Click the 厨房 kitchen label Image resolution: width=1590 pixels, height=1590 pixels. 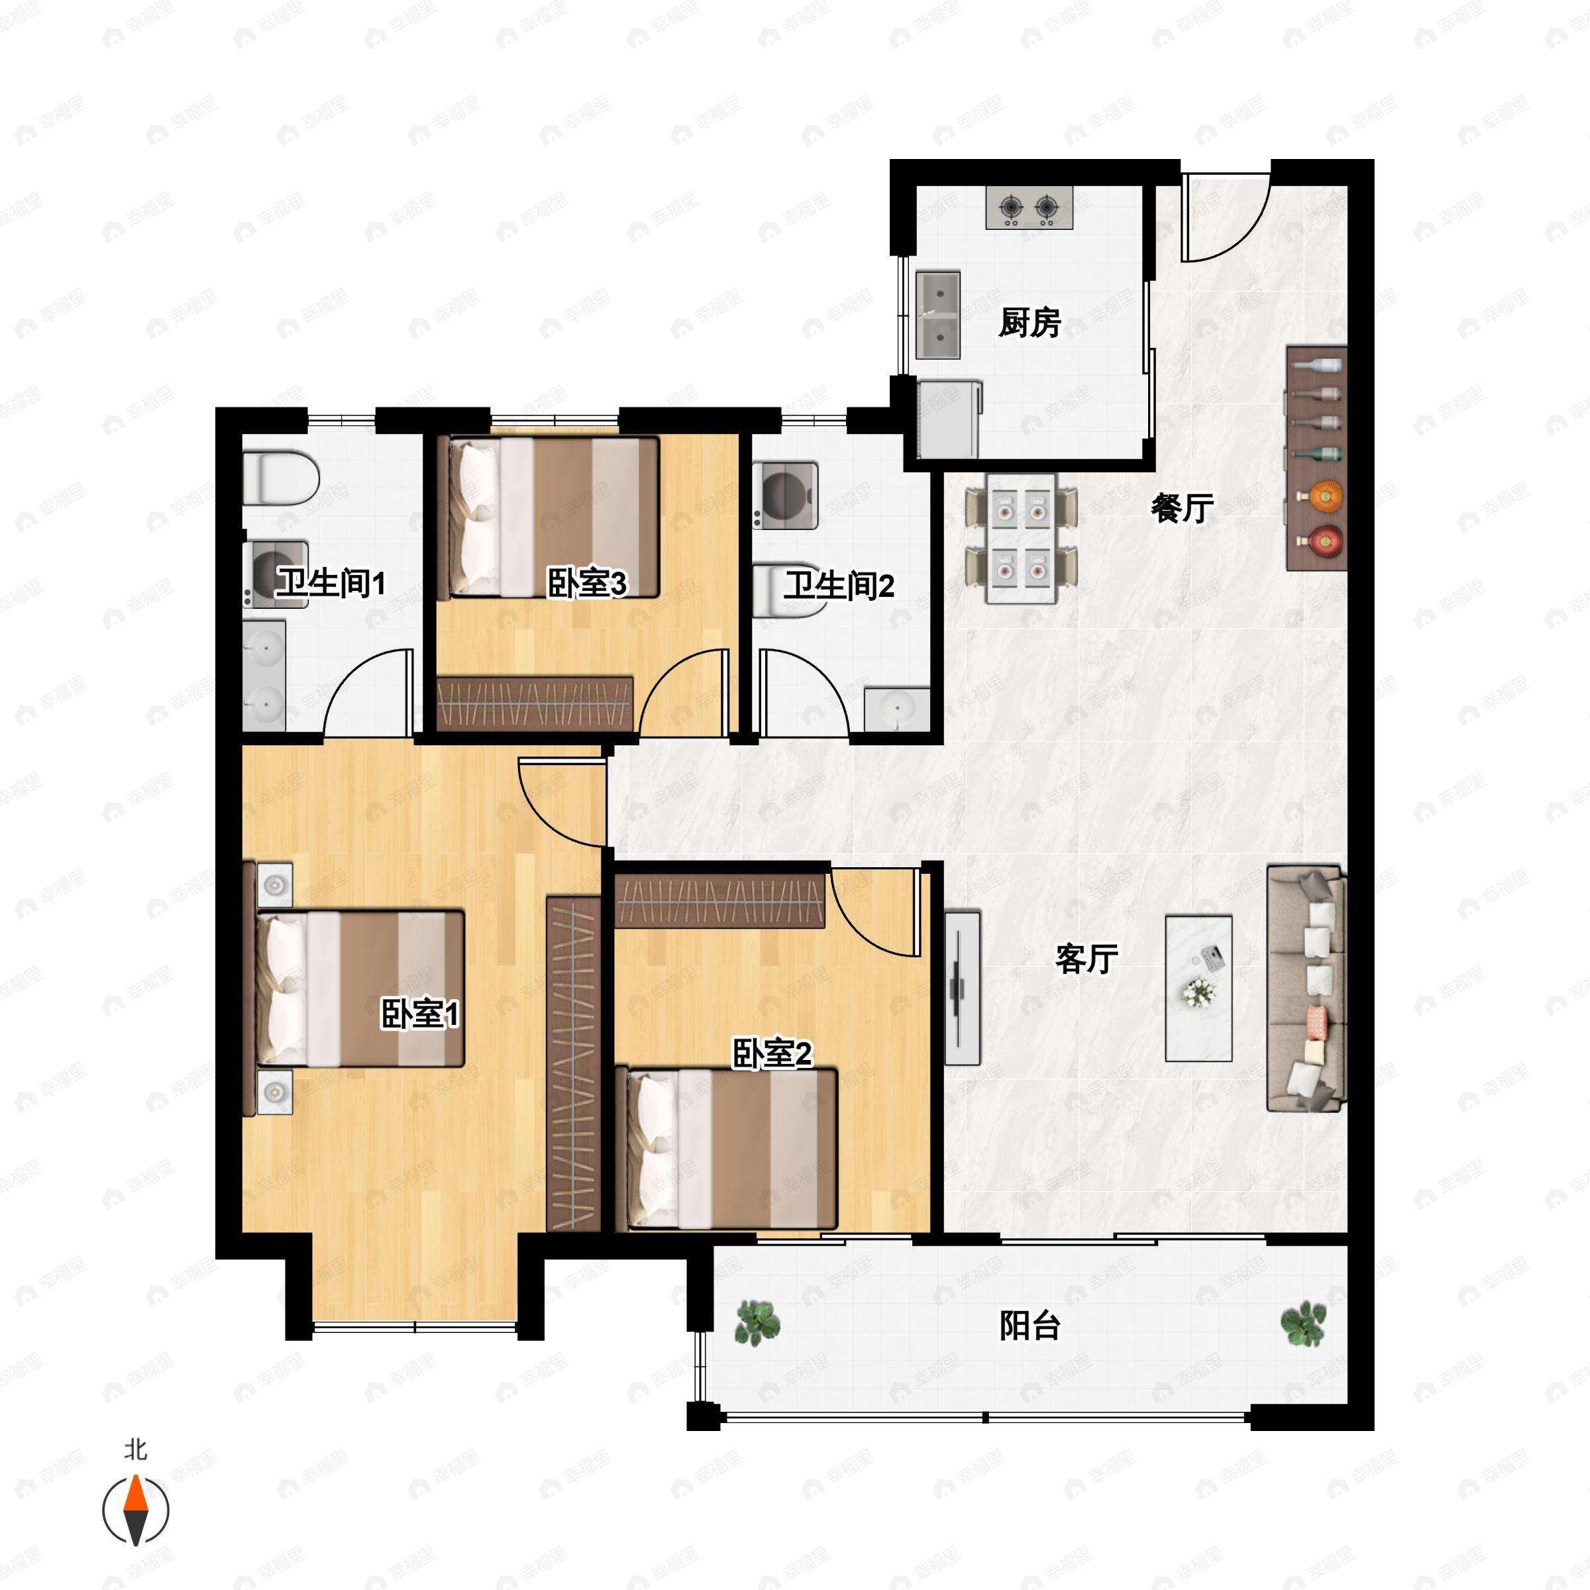point(1030,323)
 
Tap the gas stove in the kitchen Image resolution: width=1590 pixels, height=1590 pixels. point(1030,207)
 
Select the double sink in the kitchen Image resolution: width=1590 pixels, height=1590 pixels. point(938,315)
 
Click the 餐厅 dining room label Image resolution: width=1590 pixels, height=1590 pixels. point(1182,507)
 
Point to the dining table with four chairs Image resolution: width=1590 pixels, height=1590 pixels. point(1022,538)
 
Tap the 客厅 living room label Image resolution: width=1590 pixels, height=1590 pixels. point(1086,959)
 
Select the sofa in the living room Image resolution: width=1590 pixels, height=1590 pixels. point(1305,988)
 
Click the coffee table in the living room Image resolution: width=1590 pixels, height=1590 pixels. point(1198,988)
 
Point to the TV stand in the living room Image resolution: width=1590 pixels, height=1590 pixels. point(961,988)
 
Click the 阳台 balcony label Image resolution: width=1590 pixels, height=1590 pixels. point(1030,1326)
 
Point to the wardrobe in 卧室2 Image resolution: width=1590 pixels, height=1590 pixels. point(720,900)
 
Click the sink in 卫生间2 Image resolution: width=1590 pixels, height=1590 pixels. point(896,710)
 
